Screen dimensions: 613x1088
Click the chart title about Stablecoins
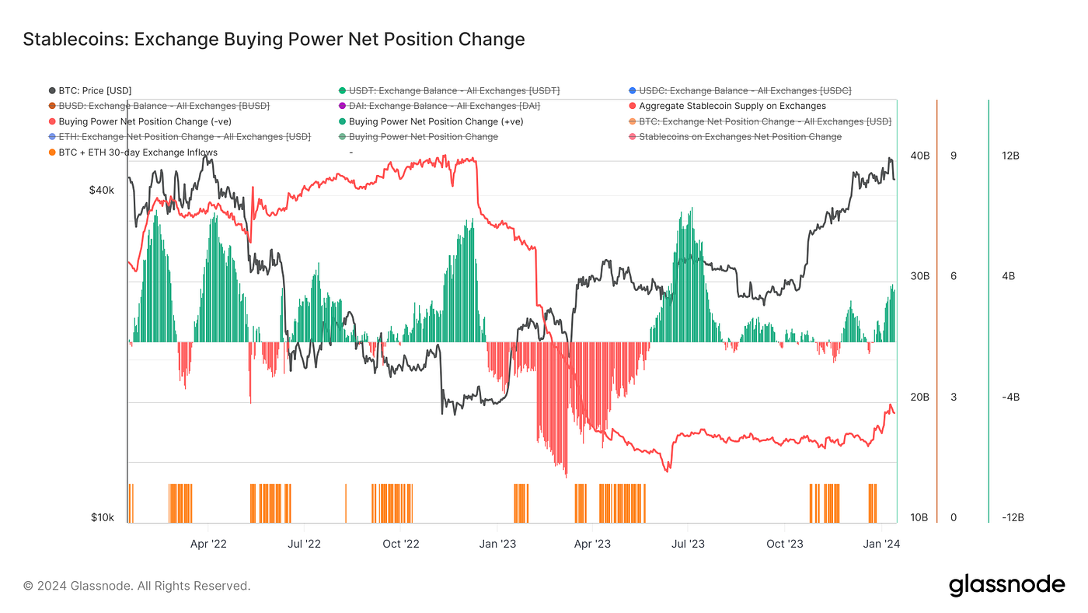tap(274, 39)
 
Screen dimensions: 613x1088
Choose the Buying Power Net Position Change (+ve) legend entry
tap(435, 121)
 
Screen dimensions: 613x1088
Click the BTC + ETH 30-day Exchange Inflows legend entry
tap(138, 152)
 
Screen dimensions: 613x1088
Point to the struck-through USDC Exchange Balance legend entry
tap(745, 91)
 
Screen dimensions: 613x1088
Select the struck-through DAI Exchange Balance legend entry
tap(444, 106)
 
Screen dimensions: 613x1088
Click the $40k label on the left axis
tap(102, 191)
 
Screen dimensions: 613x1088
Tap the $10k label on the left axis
tap(103, 518)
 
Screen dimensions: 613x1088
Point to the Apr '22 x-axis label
tap(208, 544)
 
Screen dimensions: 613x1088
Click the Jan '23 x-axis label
tap(497, 544)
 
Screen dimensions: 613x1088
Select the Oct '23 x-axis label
tap(786, 544)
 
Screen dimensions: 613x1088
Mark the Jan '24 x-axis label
tap(881, 544)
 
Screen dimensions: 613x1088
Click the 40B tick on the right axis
tap(919, 156)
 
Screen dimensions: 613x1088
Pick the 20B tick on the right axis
tap(919, 398)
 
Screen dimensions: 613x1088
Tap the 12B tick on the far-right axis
tap(1010, 156)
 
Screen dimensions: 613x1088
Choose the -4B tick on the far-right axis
tap(1010, 398)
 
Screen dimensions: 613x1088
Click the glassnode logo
tap(1006, 585)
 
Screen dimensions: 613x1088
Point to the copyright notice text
tap(137, 586)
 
